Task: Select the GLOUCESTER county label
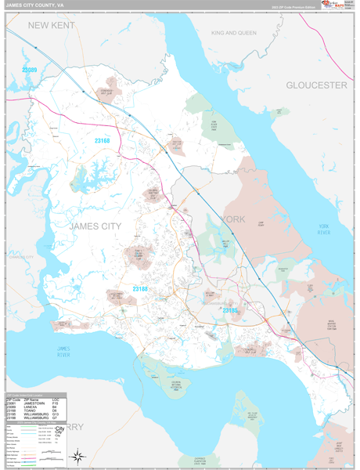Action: (x=315, y=85)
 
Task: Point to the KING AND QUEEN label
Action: (x=233, y=33)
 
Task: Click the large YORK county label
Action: (x=233, y=219)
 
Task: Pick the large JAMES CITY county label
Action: (x=95, y=226)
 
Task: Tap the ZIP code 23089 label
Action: (x=31, y=70)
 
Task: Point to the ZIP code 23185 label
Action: (x=231, y=310)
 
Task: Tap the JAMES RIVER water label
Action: (x=64, y=352)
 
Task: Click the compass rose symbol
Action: (x=77, y=456)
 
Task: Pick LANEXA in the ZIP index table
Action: (x=32, y=407)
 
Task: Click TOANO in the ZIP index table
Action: (x=31, y=411)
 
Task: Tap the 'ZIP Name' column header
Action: (x=32, y=399)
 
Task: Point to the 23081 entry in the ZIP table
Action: (x=11, y=403)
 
